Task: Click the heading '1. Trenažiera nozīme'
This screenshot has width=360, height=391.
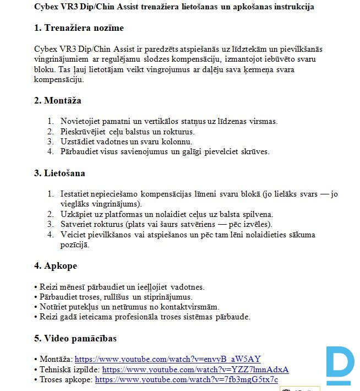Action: coord(79,28)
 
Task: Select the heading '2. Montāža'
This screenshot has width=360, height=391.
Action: coord(58,101)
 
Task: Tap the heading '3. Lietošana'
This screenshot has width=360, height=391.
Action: coord(59,173)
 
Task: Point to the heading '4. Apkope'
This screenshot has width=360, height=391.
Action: coord(56,266)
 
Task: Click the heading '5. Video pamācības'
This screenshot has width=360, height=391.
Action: coord(75,338)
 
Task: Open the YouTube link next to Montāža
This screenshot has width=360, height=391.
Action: coord(167,359)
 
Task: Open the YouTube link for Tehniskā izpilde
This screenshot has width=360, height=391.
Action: coord(195,370)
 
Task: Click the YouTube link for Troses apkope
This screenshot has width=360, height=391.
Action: coord(187,379)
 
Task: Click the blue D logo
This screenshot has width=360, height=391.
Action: coord(339,365)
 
